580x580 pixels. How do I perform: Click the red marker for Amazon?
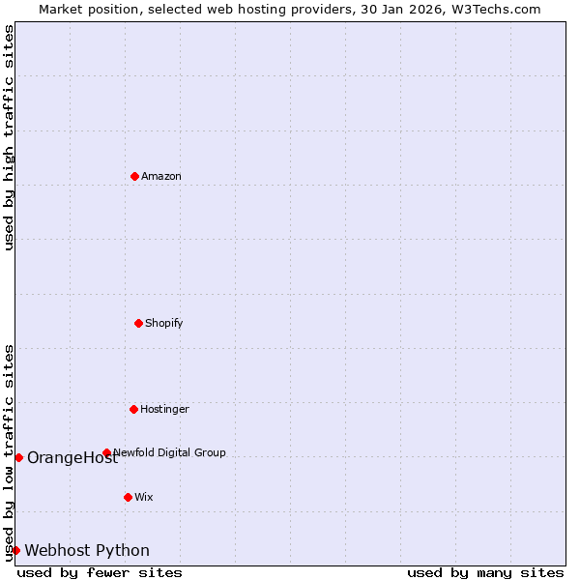click(x=134, y=176)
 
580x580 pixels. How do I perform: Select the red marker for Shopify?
click(x=138, y=323)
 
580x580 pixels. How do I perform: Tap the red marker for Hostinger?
click(x=133, y=409)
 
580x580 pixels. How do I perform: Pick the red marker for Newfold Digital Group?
click(x=106, y=452)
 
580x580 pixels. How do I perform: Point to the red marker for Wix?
click(x=128, y=497)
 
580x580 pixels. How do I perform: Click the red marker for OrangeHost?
click(x=18, y=457)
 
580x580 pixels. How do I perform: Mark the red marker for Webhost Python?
click(x=15, y=550)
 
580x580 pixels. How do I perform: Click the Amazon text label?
click(x=161, y=176)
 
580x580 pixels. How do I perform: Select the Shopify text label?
click(x=164, y=323)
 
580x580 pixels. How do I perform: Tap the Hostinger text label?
click(x=164, y=409)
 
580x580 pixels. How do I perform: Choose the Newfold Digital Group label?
click(x=170, y=452)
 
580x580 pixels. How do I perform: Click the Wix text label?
click(x=144, y=497)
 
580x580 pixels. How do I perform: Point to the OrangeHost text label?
click(x=72, y=458)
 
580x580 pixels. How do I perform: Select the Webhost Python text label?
click(x=87, y=551)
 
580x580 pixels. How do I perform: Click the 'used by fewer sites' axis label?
click(x=100, y=572)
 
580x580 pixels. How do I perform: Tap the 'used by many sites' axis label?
click(x=485, y=572)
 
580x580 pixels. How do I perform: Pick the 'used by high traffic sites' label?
click(x=9, y=137)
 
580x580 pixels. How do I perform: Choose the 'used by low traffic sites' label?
click(x=9, y=452)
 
